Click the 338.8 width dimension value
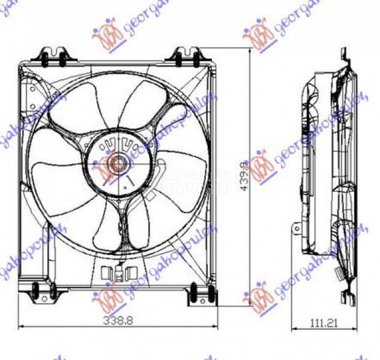(117, 320)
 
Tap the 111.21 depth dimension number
(324, 323)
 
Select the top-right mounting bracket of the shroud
(187, 57)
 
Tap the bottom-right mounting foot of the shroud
(201, 295)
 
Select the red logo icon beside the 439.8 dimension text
(262, 167)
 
